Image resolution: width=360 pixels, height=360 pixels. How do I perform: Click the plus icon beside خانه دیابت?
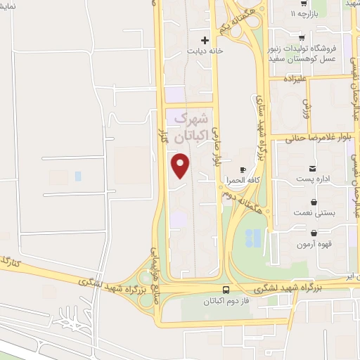tap(205, 39)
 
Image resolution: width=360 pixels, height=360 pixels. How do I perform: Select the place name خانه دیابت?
tap(205, 51)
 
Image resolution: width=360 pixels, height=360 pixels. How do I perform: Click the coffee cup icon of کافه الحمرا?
tap(243, 170)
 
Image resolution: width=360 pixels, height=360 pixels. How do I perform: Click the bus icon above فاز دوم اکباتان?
tap(226, 290)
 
